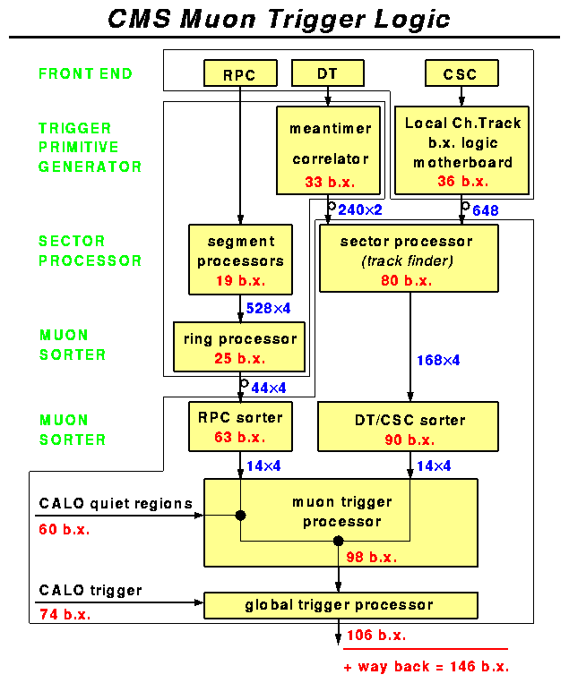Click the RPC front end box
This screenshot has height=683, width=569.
(239, 73)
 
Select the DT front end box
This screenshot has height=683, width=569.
(328, 73)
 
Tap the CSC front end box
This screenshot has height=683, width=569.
(461, 73)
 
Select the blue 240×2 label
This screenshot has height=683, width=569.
(361, 210)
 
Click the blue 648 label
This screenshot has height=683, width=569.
(485, 210)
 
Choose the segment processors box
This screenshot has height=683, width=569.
(240, 260)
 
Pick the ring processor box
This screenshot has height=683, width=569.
(239, 347)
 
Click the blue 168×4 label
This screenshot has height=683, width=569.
(438, 361)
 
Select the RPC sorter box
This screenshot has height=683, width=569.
(240, 426)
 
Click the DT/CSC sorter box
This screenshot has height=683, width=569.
(410, 426)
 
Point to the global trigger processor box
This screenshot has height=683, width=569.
(341, 605)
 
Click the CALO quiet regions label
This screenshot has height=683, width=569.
(116, 503)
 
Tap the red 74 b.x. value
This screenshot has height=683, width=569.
(65, 614)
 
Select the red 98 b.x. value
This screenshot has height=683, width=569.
(371, 557)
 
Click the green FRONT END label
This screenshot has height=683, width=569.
(85, 73)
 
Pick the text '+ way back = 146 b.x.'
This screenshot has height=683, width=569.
(426, 667)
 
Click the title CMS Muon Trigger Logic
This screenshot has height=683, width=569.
(279, 20)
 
